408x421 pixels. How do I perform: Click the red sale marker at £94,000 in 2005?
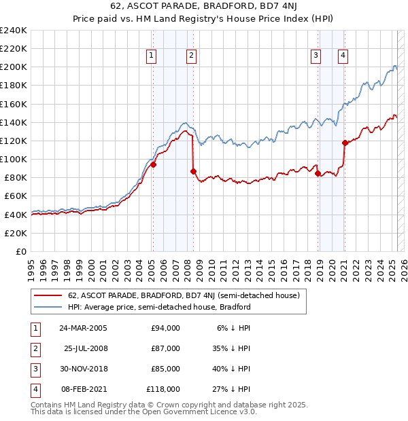(x=154, y=164)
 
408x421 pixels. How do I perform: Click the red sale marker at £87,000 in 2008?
(x=194, y=171)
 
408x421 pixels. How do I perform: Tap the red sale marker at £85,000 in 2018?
(x=318, y=173)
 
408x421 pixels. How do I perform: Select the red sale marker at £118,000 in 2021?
(x=345, y=143)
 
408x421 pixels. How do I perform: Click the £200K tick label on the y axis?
(x=14, y=67)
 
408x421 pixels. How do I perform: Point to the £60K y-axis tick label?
(x=16, y=196)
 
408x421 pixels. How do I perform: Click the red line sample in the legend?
(x=48, y=295)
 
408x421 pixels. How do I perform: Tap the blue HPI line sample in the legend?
(x=48, y=307)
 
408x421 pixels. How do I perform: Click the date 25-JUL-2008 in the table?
(x=85, y=348)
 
